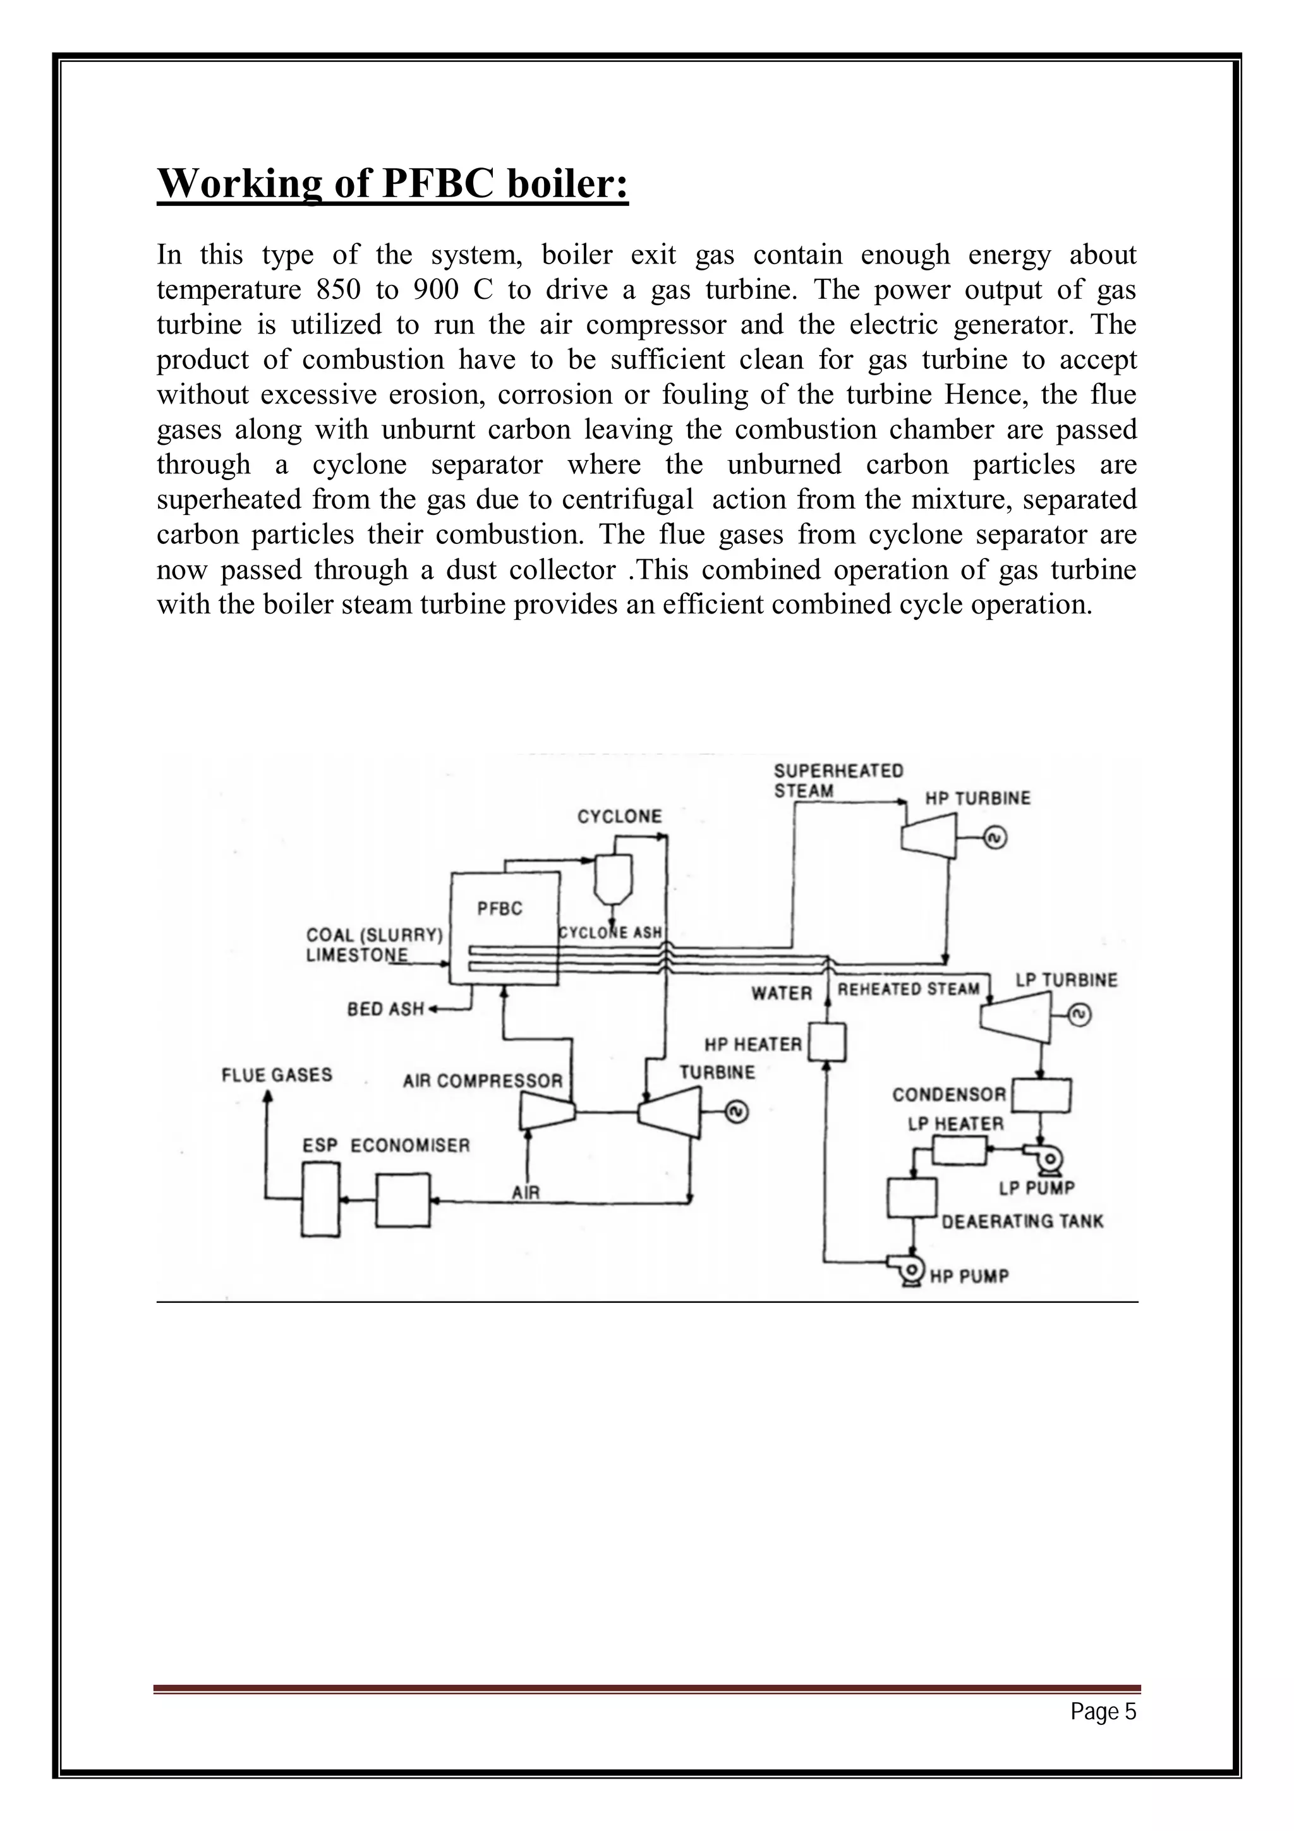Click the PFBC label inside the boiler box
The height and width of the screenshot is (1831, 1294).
(x=499, y=909)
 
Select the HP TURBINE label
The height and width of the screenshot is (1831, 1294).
(x=977, y=798)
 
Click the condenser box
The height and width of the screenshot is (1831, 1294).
(x=1041, y=1095)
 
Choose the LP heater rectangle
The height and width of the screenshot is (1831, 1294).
(x=958, y=1150)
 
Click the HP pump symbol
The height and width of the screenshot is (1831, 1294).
(x=908, y=1269)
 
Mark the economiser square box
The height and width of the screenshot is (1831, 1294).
(x=402, y=1199)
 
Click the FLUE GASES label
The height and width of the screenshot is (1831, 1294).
(x=277, y=1075)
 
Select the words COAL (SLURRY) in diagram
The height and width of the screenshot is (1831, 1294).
(x=374, y=934)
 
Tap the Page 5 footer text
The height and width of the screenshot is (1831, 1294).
(x=1103, y=1712)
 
